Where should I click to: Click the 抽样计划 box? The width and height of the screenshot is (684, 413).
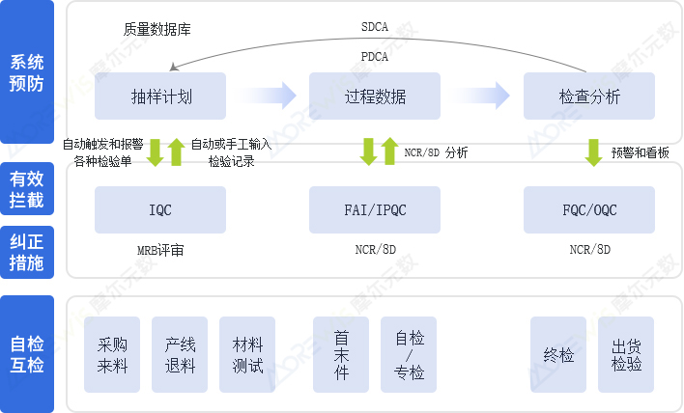pos(160,96)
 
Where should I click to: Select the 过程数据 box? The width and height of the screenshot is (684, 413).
pos(375,96)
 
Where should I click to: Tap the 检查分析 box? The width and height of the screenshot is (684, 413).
pos(589,96)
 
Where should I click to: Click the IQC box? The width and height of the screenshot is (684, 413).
pos(160,209)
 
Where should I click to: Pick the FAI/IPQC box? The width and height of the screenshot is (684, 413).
pos(375,209)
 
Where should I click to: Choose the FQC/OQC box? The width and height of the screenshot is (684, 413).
pos(589,209)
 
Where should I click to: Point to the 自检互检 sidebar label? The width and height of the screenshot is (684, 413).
pos(27,354)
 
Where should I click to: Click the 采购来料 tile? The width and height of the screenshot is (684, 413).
pos(112,354)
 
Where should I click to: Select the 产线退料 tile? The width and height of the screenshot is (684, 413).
pos(180,354)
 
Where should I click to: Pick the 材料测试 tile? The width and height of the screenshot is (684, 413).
pos(247,354)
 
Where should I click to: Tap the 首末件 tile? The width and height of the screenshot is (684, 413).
pos(341,354)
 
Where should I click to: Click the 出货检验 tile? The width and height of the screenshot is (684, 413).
pos(626,354)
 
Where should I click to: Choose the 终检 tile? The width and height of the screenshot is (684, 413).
pos(558,354)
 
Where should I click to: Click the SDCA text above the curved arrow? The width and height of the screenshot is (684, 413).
pos(374,29)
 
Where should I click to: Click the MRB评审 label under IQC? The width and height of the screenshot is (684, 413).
pos(160,250)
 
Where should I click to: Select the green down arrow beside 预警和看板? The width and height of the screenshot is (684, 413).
pos(593,151)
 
